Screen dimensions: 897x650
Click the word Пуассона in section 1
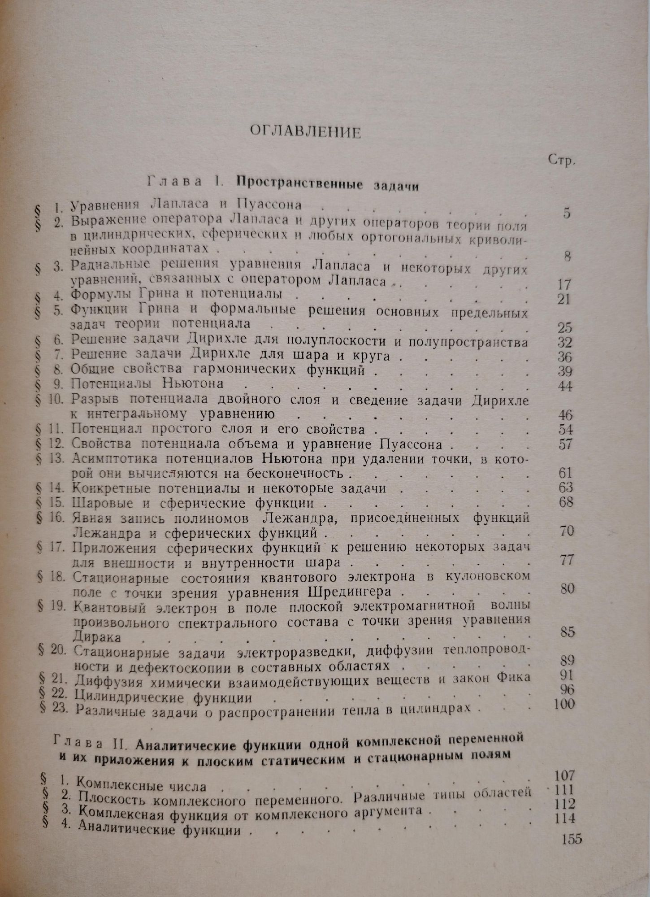[x=269, y=205]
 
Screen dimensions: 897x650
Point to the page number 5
[x=567, y=213]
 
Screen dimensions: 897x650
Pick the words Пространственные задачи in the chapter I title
[x=328, y=184]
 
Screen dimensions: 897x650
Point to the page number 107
[x=563, y=775]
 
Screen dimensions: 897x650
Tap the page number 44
[x=565, y=386]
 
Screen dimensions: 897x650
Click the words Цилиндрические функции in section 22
[x=164, y=698]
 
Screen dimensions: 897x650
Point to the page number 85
[x=567, y=631]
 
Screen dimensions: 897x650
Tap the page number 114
[x=564, y=818]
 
